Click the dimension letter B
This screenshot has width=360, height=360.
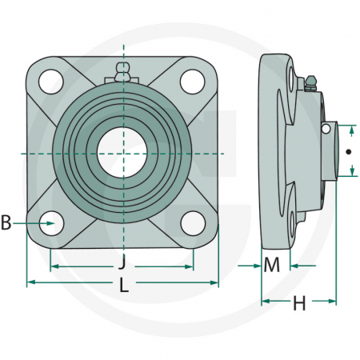7,224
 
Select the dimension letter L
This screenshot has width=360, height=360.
122,284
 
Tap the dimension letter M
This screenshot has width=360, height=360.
272,265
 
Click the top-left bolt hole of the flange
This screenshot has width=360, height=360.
50,81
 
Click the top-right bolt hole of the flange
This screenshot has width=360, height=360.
192,81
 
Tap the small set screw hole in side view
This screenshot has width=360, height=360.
326,128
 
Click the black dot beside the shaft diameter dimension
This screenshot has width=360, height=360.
348,151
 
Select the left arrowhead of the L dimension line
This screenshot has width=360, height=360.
31,282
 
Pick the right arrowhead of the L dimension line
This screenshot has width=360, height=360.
214,282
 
